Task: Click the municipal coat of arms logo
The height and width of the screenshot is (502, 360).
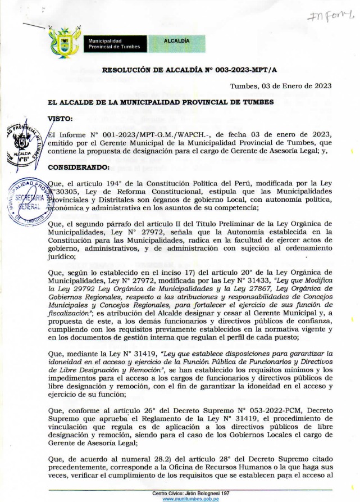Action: [x=65, y=42]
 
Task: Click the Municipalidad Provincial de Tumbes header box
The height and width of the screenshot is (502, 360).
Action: [x=115, y=44]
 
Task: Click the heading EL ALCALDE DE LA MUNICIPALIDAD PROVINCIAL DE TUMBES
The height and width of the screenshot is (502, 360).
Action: [x=153, y=102]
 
